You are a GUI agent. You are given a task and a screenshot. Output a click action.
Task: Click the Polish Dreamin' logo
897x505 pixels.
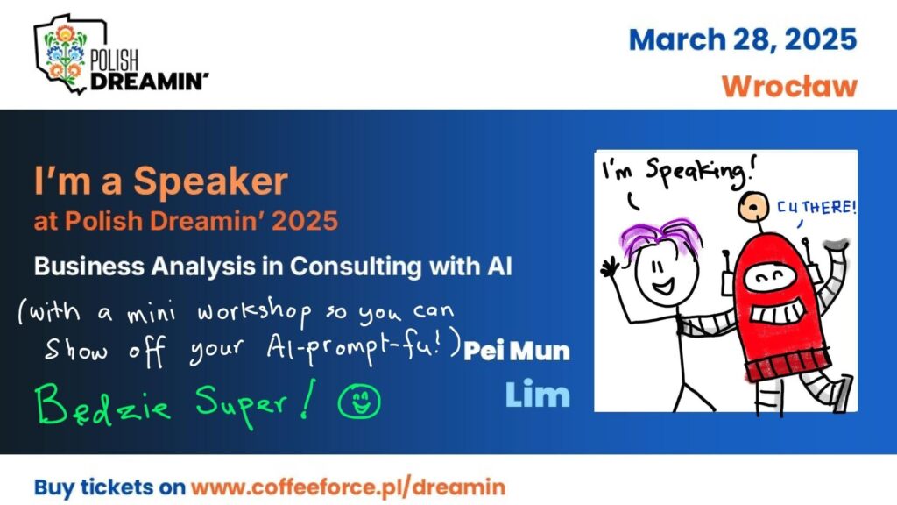[x=120, y=54]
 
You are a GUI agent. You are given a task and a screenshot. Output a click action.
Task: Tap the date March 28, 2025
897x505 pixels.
[x=743, y=40]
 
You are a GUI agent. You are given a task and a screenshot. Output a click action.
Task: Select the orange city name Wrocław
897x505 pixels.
[x=789, y=87]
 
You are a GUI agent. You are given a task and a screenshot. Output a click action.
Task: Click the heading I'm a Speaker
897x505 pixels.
[x=161, y=181]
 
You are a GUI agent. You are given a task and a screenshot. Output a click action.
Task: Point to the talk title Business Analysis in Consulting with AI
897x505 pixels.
[x=273, y=267]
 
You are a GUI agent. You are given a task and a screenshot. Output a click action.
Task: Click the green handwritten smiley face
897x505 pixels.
[x=358, y=400]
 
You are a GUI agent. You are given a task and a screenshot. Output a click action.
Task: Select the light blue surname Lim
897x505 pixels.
[x=538, y=395]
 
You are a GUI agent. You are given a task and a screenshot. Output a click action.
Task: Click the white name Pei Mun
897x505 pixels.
[x=517, y=351]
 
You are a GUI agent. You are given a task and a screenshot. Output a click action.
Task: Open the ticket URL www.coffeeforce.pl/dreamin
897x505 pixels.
[x=348, y=487]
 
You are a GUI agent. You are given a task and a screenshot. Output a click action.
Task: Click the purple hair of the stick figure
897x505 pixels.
[x=660, y=234]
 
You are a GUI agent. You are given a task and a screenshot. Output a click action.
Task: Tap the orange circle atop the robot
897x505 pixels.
[x=753, y=207]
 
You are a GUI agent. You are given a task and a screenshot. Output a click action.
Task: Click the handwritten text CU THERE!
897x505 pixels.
[x=816, y=207]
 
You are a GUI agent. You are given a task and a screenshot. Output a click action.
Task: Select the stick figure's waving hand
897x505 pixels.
[x=611, y=267]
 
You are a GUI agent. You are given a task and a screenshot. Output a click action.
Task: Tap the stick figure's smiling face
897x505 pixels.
[x=666, y=275]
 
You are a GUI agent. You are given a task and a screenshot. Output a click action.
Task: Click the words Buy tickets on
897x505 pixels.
[x=109, y=487]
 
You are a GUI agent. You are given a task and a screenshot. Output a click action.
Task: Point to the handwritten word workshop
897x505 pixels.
[x=255, y=314]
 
